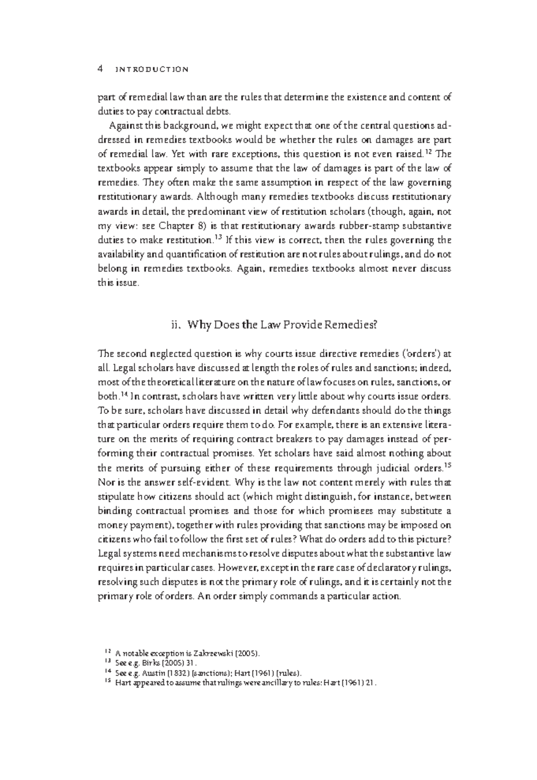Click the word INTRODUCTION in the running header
(x=152, y=70)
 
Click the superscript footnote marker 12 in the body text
(x=428, y=152)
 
